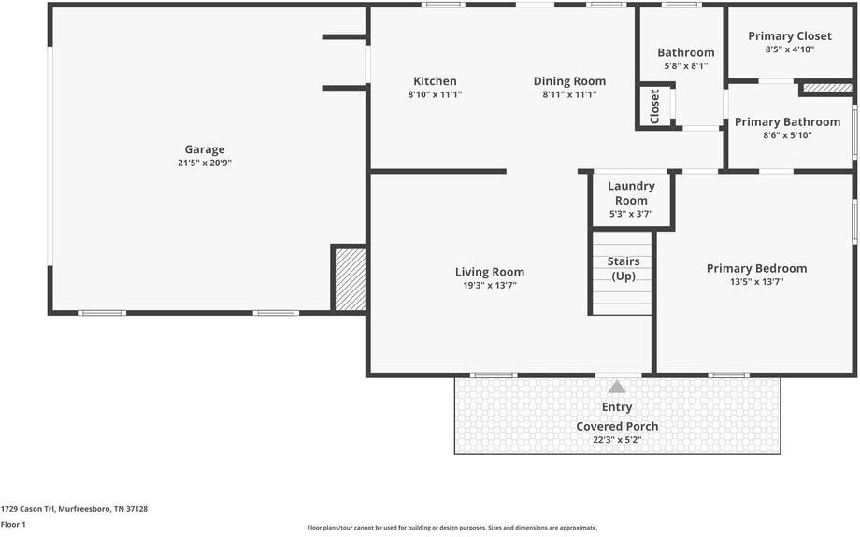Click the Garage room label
click(204, 149)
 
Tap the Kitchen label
click(435, 81)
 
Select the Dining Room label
click(569, 81)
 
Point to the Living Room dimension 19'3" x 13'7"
click(489, 286)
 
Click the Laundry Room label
click(631, 193)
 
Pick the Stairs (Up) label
click(623, 269)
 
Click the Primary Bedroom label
click(756, 268)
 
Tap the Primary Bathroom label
click(787, 121)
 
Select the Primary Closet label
click(789, 36)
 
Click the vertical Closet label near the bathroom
click(654, 106)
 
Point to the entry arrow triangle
click(617, 387)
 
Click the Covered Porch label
click(617, 426)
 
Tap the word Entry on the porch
click(617, 407)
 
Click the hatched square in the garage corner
click(350, 278)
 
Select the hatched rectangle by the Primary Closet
click(827, 88)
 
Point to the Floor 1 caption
click(13, 525)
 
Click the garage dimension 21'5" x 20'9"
click(204, 163)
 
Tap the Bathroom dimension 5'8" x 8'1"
click(685, 66)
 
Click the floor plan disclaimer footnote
click(451, 528)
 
